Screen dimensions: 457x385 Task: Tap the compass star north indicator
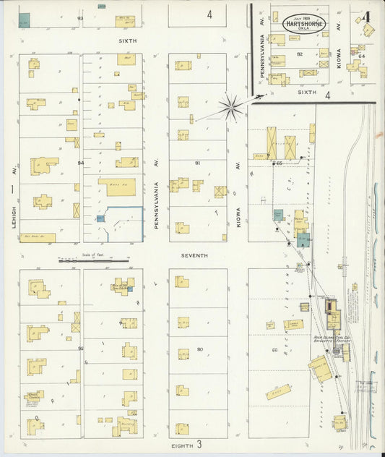[x=232, y=108]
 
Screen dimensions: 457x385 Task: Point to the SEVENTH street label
[x=195, y=255]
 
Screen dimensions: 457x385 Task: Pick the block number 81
[x=197, y=163]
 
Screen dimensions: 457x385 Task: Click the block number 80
[x=199, y=350]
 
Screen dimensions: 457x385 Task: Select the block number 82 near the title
[x=299, y=54]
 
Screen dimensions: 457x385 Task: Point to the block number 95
[x=81, y=349]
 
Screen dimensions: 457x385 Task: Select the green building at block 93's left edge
[x=25, y=20]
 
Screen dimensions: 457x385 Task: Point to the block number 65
[x=278, y=163]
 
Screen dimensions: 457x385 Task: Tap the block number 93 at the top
[x=80, y=17]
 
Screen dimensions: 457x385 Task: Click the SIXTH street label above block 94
[x=127, y=41]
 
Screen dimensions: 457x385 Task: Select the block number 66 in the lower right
[x=275, y=350]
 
